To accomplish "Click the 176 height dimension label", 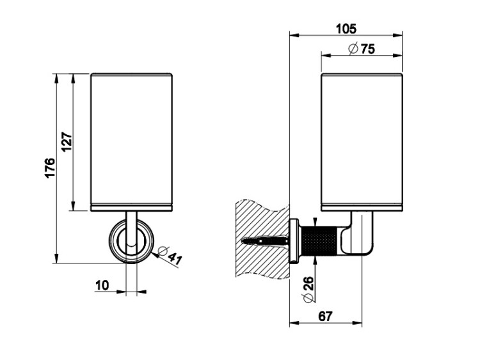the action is coord(50,168).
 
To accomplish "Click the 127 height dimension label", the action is coord(67,141).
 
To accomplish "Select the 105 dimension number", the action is coord(346,29).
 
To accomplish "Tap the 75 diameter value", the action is coord(367,49).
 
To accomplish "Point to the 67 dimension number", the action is coord(324,317).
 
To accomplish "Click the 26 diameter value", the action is coord(308,283).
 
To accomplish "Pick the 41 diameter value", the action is coord(175,258).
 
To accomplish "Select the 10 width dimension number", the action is coord(102,285).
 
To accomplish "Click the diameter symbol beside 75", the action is coord(353,49).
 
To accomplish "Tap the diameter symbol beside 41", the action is coord(162,251).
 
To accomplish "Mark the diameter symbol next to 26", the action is coord(308,297).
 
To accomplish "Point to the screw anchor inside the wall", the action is coord(265,240).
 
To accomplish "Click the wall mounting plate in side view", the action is coord(294,240).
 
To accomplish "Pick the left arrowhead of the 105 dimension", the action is coord(294,35).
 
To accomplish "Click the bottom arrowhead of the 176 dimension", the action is coord(56,258).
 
